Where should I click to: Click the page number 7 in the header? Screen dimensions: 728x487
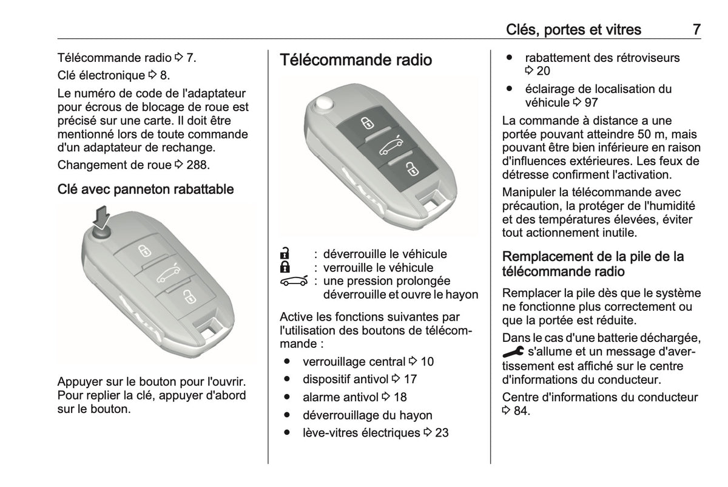(696, 30)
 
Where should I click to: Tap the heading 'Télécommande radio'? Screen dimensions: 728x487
(356, 60)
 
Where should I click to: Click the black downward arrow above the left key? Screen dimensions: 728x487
(101, 217)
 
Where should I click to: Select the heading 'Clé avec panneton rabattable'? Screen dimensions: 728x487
(146, 189)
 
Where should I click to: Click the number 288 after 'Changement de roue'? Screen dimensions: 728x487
(196, 165)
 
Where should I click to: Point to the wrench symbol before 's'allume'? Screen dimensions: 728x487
(513, 352)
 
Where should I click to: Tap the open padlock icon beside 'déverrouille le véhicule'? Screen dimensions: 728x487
(285, 253)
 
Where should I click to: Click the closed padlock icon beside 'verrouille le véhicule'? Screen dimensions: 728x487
(285, 267)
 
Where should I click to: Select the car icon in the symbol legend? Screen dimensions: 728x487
(294, 281)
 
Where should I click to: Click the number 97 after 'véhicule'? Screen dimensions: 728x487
(591, 103)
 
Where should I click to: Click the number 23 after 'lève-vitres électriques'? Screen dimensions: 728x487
(442, 433)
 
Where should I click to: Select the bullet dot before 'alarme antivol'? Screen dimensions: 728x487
(286, 397)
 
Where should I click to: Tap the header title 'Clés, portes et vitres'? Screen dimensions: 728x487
(573, 30)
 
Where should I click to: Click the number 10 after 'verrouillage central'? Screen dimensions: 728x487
(427, 362)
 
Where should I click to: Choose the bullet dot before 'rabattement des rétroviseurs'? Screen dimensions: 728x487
(509, 58)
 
